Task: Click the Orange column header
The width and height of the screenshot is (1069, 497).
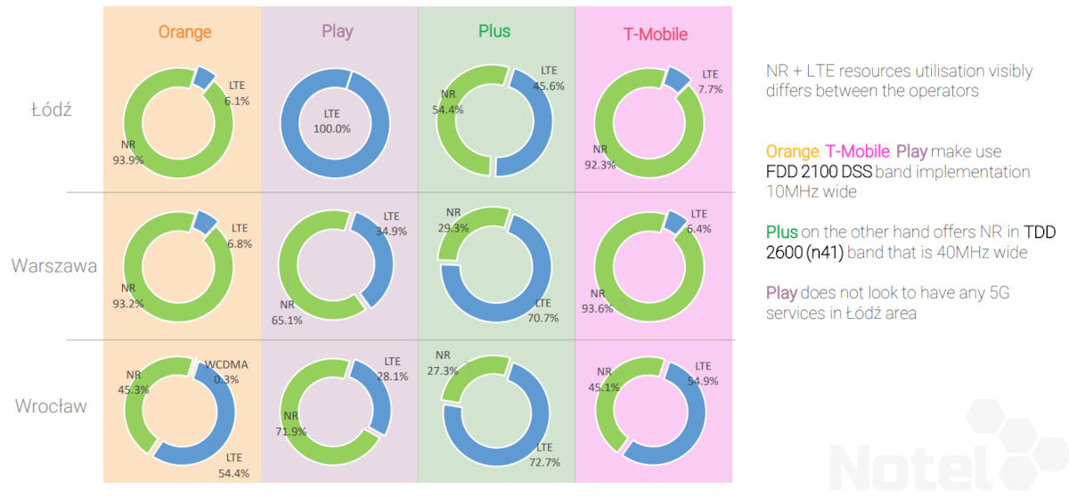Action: click(184, 32)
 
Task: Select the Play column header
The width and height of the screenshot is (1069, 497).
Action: click(337, 31)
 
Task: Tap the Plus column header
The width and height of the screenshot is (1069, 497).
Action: click(494, 31)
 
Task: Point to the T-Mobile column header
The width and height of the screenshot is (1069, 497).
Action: click(655, 34)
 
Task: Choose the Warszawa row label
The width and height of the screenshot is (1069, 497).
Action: click(54, 265)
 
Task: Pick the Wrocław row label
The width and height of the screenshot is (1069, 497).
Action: click(51, 406)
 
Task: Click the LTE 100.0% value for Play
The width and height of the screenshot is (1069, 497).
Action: click(331, 121)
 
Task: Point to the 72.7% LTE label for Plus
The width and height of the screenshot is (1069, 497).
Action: click(543, 454)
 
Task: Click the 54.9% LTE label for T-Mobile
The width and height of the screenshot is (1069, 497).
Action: click(703, 373)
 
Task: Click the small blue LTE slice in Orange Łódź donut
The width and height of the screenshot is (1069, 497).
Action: click(204, 77)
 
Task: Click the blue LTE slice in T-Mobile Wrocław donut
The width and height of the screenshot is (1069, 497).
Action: click(686, 428)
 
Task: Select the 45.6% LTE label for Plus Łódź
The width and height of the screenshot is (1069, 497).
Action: click(548, 79)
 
